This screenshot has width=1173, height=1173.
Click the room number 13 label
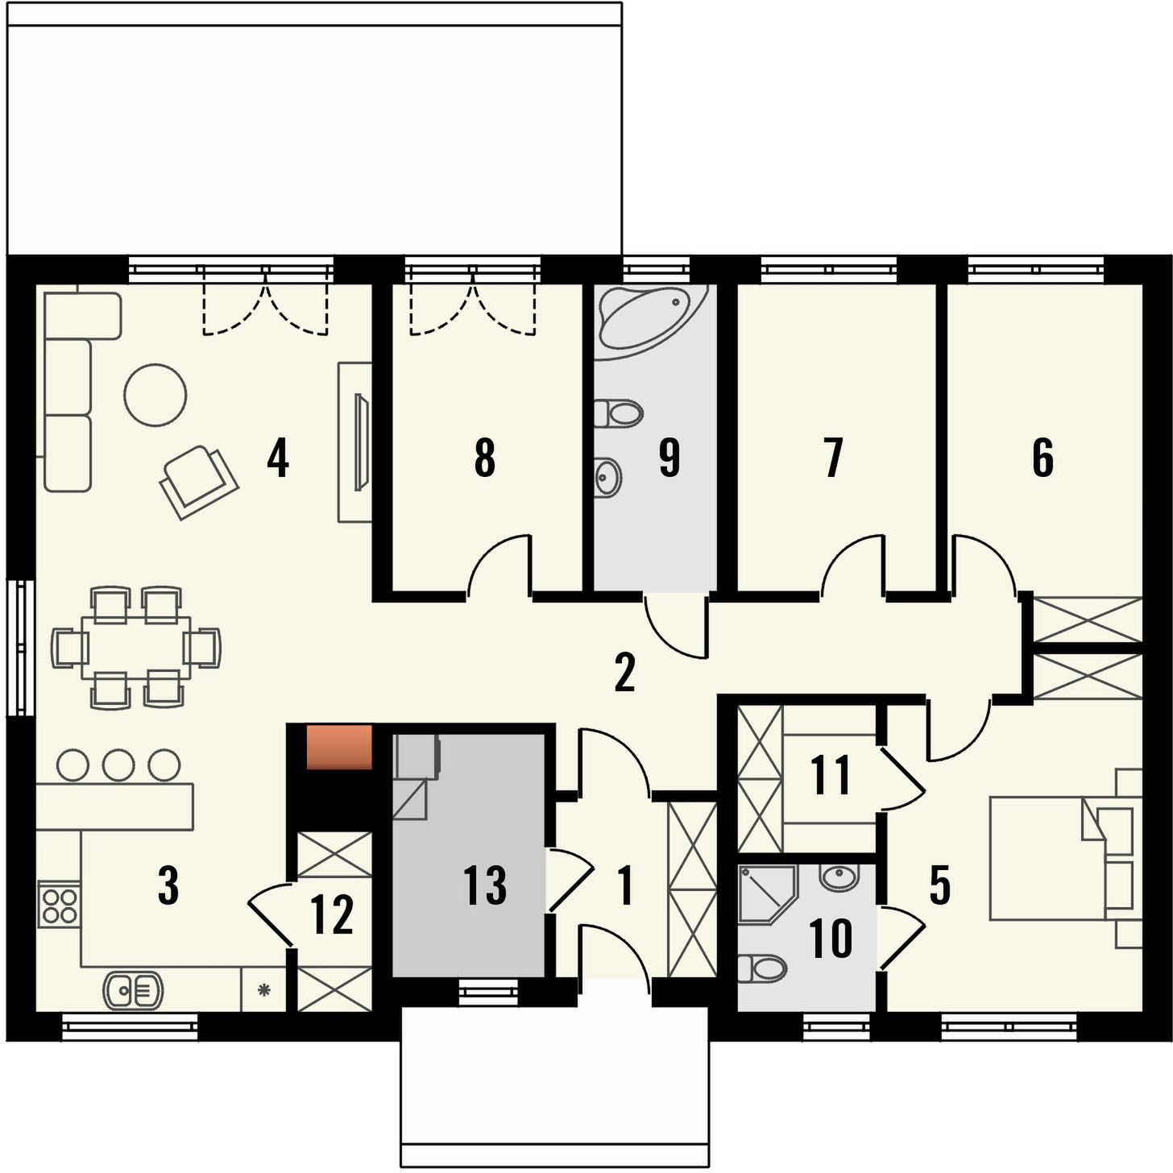[x=484, y=885]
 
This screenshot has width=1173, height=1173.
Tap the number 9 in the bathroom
[x=669, y=458]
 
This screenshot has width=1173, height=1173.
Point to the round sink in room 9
[x=607, y=477]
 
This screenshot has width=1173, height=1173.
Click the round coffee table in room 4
[x=155, y=395]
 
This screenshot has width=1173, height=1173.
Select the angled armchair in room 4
[x=199, y=482]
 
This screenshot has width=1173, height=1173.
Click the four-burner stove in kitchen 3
[x=59, y=905]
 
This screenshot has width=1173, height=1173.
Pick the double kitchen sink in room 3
[x=133, y=990]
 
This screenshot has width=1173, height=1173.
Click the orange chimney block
[x=339, y=747]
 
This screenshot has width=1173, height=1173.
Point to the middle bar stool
[x=118, y=765]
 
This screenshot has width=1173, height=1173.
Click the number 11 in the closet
[x=831, y=775]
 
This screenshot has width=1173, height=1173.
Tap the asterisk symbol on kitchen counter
[x=263, y=990]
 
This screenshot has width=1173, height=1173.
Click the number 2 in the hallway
[x=624, y=673]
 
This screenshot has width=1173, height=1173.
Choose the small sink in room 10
[x=839, y=878]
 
